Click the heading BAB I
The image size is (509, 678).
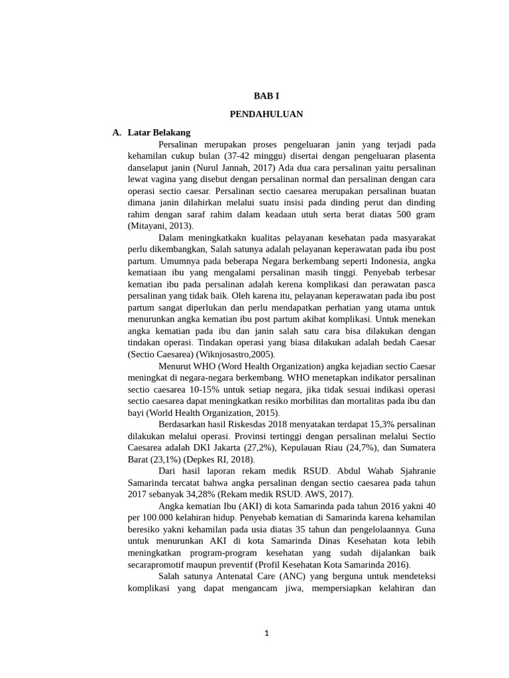(x=266, y=96)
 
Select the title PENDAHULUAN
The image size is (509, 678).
(x=266, y=114)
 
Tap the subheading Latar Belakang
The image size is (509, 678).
(x=159, y=132)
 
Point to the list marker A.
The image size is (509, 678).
(x=117, y=132)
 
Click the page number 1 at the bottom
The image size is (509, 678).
(x=266, y=633)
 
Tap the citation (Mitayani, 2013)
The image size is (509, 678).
(x=160, y=226)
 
